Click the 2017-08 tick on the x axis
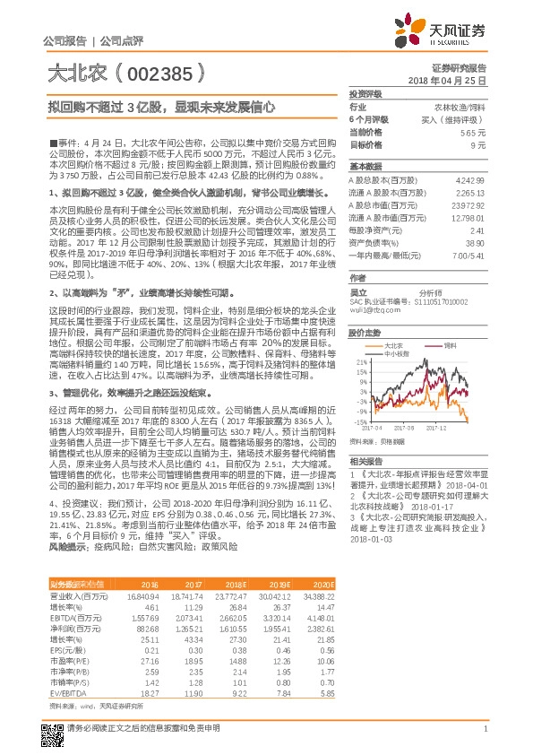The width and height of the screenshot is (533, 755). click(417, 428)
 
